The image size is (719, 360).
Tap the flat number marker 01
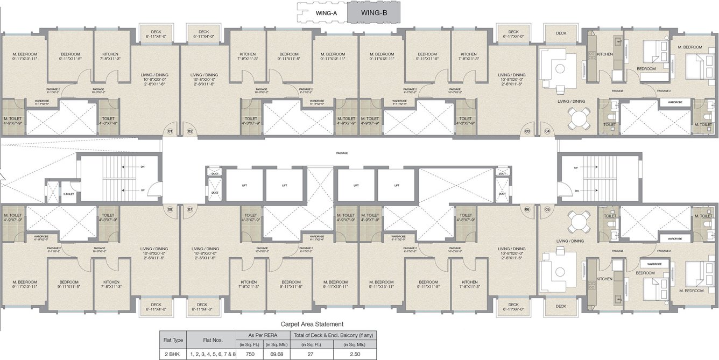point(170,131)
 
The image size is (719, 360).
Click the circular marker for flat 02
point(190,131)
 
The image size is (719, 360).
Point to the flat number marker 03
point(527,131)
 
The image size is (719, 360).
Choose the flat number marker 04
point(548,131)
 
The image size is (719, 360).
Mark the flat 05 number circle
point(548,209)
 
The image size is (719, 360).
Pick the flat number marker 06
point(527,209)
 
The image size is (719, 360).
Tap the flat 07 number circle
point(190,209)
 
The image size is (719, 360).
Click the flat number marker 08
point(170,209)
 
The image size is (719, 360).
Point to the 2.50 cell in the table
point(355,355)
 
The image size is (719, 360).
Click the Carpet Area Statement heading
point(312,324)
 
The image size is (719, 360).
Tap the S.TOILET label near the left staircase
point(68,194)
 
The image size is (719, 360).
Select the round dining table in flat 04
point(579,117)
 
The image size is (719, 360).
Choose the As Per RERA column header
point(264,335)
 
